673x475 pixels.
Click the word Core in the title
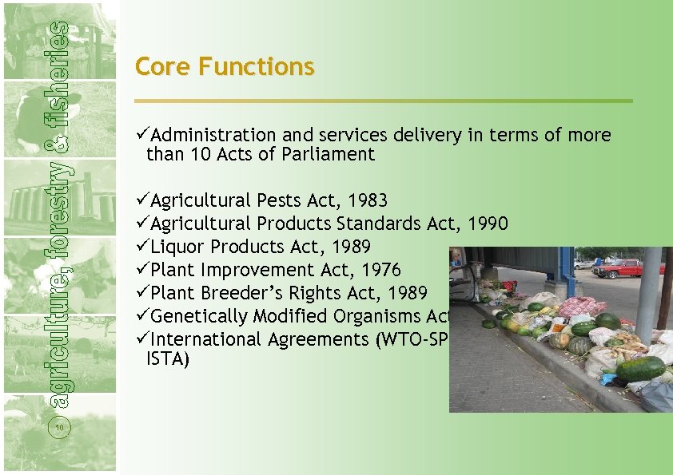(x=163, y=66)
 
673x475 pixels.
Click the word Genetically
(x=200, y=316)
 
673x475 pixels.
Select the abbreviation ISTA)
(x=168, y=360)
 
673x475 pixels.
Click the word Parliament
(x=328, y=154)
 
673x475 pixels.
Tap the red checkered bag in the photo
(x=582, y=307)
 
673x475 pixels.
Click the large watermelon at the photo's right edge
(x=639, y=369)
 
